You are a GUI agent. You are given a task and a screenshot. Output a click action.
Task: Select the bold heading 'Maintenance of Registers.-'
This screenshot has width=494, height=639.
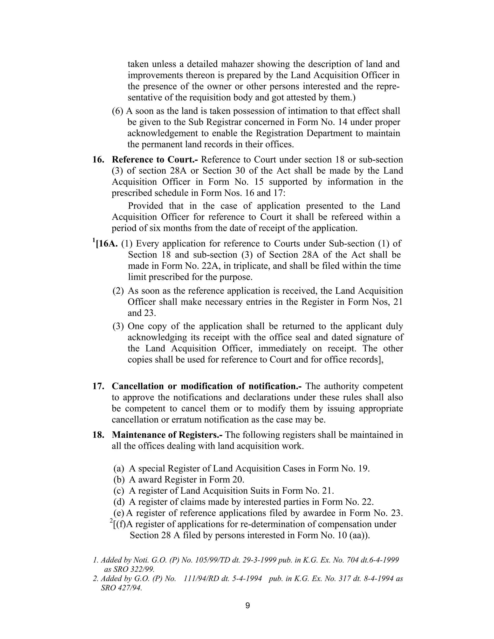point(167,435)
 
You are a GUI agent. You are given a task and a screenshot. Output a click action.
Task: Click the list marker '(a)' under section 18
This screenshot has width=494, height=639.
point(118,469)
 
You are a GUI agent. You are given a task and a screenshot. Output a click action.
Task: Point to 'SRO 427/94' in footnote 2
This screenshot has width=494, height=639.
point(121,588)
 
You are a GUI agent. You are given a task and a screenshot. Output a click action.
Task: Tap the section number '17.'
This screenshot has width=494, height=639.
point(98,386)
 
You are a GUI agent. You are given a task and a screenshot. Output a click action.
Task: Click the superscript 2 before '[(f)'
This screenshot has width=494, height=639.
point(111,521)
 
